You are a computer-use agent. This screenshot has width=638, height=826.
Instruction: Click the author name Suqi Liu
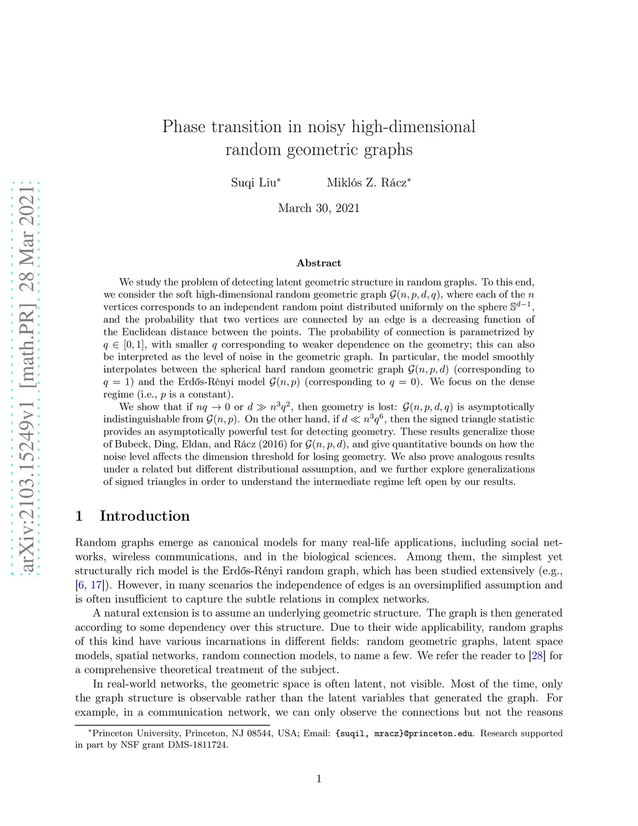point(254,183)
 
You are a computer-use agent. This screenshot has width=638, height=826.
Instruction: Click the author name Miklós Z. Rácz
point(368,183)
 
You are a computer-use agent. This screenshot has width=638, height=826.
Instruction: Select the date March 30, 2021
point(319,208)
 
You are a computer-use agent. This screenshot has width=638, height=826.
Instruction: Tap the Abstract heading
point(319,263)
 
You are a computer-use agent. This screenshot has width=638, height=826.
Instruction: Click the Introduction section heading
point(144,516)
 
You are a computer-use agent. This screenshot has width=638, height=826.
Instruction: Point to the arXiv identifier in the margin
point(26,378)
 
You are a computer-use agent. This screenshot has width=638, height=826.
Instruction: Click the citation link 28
point(537,656)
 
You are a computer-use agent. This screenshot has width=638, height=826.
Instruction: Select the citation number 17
point(96,585)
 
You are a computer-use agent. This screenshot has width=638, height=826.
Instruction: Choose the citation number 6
point(81,585)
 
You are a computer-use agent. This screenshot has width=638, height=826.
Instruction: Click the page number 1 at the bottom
point(319,779)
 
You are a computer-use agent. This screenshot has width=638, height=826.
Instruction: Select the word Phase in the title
point(184,127)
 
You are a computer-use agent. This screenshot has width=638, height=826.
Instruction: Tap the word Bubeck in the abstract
point(130,444)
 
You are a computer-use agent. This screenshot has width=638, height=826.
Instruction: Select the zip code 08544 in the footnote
point(261,734)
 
